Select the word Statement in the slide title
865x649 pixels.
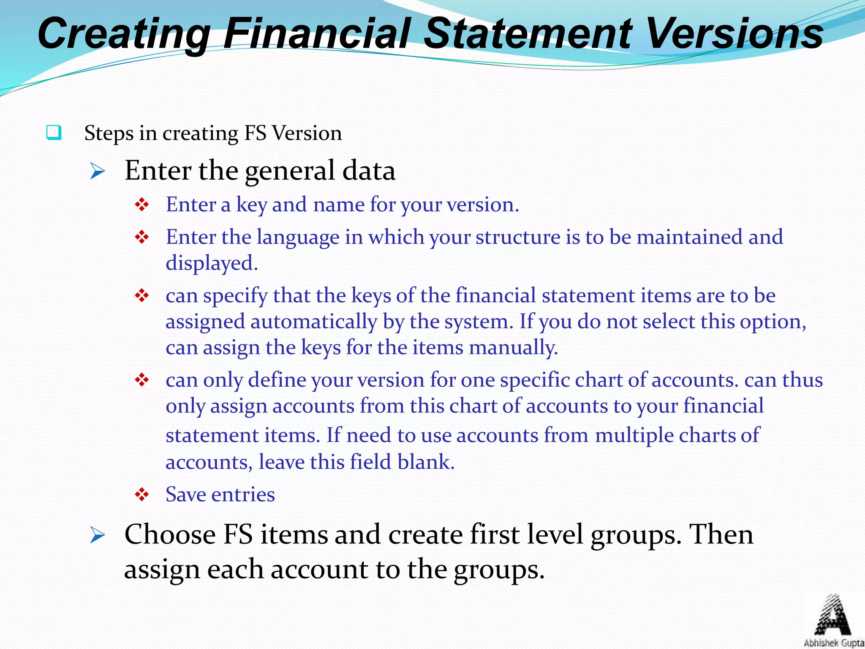pyautogui.click(x=528, y=34)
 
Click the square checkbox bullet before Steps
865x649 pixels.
pyautogui.click(x=54, y=133)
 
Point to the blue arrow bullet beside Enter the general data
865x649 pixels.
pyautogui.click(x=98, y=172)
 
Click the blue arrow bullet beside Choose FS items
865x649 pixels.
pyautogui.click(x=98, y=536)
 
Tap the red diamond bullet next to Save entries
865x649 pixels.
pyautogui.click(x=142, y=494)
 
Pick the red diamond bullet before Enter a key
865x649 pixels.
pyautogui.click(x=142, y=205)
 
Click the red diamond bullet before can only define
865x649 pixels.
pyautogui.click(x=142, y=380)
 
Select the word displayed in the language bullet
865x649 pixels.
pyautogui.click(x=211, y=263)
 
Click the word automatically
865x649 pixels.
pyautogui.click(x=313, y=322)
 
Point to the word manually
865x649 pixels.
pyautogui.click(x=513, y=348)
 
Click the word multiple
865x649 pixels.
pyautogui.click(x=634, y=436)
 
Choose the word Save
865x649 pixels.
pyautogui.click(x=186, y=494)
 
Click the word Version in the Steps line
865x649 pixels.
pyautogui.click(x=307, y=134)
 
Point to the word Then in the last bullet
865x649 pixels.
pyautogui.click(x=721, y=535)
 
